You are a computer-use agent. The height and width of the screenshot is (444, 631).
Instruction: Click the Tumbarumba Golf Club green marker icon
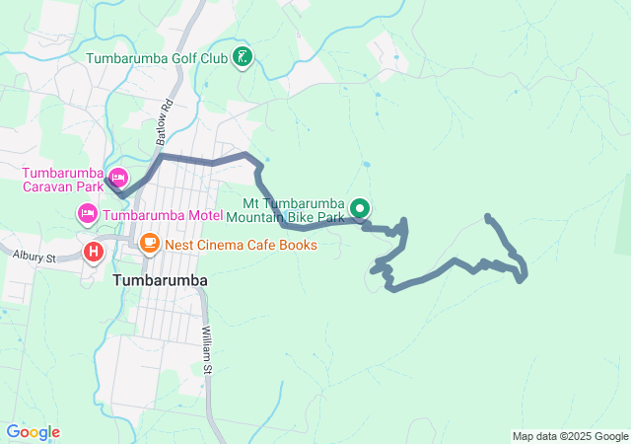pyautogui.click(x=243, y=58)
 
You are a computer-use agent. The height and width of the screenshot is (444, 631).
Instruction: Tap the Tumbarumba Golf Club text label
pyautogui.click(x=157, y=58)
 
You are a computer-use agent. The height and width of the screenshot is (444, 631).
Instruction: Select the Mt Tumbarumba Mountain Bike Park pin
pyautogui.click(x=360, y=208)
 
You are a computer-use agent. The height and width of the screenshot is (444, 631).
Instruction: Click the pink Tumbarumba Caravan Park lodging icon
pyautogui.click(x=118, y=179)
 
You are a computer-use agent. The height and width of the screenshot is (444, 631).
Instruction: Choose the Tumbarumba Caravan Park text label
pyautogui.click(x=63, y=179)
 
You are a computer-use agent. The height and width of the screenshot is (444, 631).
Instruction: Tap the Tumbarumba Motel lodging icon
pyautogui.click(x=88, y=213)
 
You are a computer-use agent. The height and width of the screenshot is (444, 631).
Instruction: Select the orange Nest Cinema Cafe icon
pyautogui.click(x=150, y=242)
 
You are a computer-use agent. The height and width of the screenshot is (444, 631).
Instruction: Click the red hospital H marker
pyautogui.click(x=94, y=252)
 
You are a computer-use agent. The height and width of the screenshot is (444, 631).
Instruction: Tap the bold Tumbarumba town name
pyautogui.click(x=160, y=280)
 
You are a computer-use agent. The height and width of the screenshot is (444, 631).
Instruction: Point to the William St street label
pyautogui.click(x=207, y=350)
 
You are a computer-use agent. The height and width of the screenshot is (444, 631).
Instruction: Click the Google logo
pyautogui.click(x=33, y=432)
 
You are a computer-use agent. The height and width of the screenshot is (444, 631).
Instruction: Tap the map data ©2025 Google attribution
pyautogui.click(x=569, y=436)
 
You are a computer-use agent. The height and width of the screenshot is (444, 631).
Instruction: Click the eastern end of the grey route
pyautogui.click(x=488, y=216)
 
